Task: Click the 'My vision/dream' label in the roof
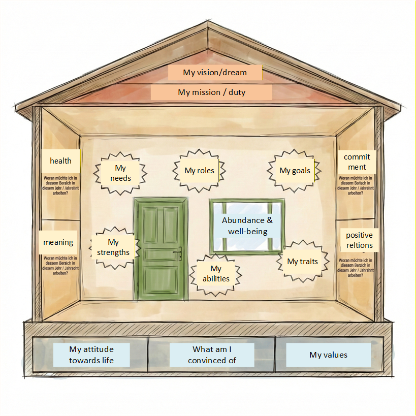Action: [x=215, y=73]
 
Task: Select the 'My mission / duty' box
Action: [x=211, y=92]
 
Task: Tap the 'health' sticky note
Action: [x=60, y=161]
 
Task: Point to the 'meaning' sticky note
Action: [x=58, y=242]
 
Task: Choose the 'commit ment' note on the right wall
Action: [x=357, y=162]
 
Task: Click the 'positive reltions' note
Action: [x=359, y=240]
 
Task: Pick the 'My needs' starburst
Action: [x=120, y=173]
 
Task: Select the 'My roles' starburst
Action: [x=199, y=171]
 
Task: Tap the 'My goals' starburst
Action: [x=295, y=171]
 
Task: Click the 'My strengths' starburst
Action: [x=113, y=247]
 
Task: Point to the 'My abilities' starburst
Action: [x=216, y=274]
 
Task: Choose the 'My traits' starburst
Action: [x=302, y=262]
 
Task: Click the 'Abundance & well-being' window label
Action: [x=247, y=225]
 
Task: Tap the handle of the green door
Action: [x=178, y=252]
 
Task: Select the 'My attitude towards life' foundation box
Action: [x=91, y=355]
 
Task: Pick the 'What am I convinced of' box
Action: [x=212, y=355]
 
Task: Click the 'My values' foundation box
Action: [x=328, y=355]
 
